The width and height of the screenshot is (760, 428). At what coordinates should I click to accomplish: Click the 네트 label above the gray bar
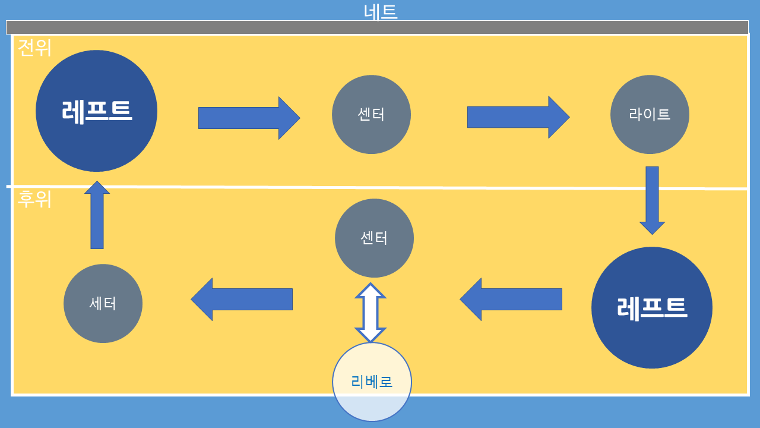[x=380, y=11]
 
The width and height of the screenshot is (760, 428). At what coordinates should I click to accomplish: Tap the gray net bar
[x=377, y=27]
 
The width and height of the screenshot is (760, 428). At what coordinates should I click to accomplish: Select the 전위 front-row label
[x=34, y=48]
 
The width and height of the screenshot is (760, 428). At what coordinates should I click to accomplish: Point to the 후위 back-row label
[x=34, y=199]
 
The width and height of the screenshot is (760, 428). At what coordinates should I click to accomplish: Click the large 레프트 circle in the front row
[x=96, y=111]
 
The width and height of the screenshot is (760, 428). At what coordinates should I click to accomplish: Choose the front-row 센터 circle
[x=371, y=114]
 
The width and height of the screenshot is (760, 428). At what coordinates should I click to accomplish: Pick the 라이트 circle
[x=650, y=114]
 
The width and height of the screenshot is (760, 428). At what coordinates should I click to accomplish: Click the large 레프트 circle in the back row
[x=652, y=307]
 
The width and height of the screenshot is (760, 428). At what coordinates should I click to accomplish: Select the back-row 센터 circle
[x=374, y=238]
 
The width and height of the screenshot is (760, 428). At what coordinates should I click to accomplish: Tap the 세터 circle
[x=103, y=303]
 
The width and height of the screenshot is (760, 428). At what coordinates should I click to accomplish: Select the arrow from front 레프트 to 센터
[x=249, y=118]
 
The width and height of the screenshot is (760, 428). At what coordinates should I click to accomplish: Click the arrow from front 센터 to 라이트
[x=518, y=117]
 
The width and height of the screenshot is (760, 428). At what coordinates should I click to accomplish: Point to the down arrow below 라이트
[x=652, y=200]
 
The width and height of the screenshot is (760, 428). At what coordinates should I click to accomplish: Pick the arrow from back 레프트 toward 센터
[x=511, y=299]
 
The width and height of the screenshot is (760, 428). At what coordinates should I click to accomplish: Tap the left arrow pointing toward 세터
[x=242, y=299]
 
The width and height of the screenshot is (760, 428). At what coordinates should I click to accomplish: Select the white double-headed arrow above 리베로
[x=370, y=313]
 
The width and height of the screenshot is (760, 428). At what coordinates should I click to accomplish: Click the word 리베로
[x=372, y=382]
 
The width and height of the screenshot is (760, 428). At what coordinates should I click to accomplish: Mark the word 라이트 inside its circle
[x=650, y=114]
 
